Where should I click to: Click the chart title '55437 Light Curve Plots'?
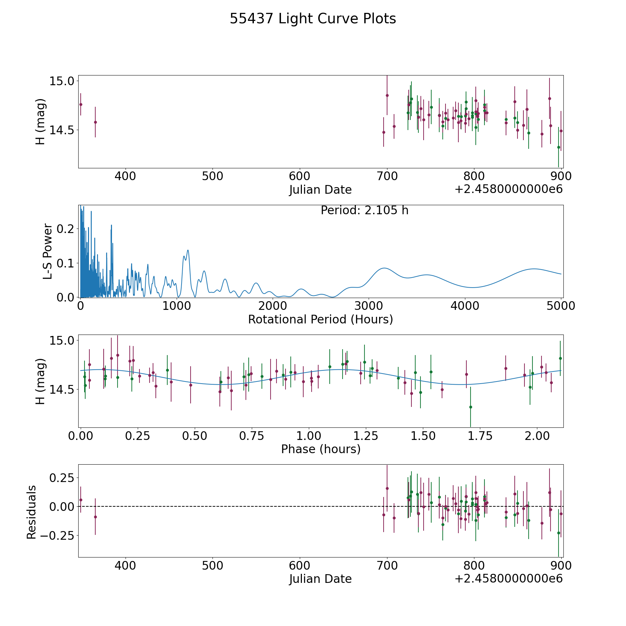313,19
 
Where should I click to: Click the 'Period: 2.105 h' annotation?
364,210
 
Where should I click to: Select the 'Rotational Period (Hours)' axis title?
320,319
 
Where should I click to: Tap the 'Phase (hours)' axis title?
320,449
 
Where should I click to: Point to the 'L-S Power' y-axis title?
48,251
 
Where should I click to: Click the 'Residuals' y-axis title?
31,512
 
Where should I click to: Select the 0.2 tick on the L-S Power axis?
66,228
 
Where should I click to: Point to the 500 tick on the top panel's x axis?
212,176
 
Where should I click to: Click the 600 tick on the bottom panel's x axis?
300,565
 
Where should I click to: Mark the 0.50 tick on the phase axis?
195,436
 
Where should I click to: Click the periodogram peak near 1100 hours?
188,250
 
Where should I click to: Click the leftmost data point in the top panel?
81,104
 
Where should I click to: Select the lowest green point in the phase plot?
471,407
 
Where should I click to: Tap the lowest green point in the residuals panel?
559,533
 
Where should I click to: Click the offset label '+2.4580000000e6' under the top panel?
508,190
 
